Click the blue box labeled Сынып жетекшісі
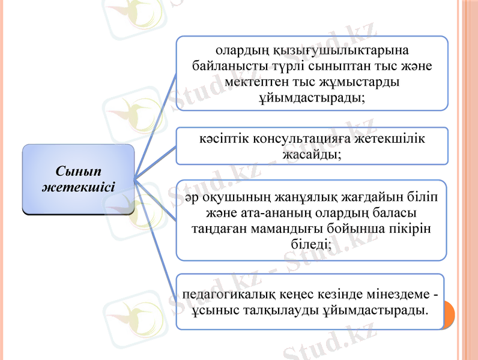78,178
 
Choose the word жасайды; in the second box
312,154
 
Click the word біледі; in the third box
312,244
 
